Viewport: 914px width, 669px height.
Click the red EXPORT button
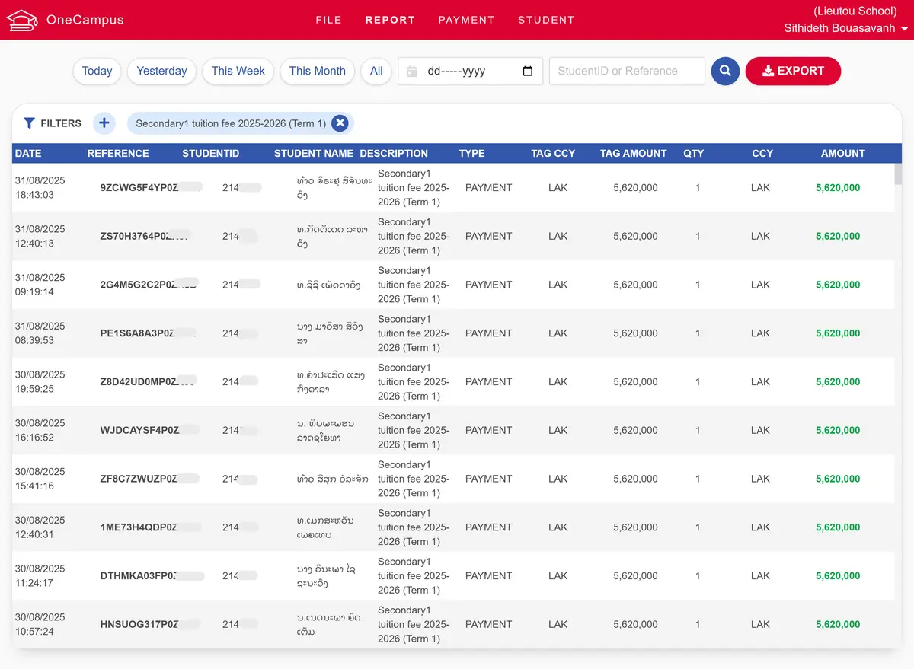[793, 71]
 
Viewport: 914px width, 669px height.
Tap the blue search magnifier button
[725, 71]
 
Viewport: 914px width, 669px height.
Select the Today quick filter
[97, 71]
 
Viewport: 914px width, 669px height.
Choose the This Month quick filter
[317, 71]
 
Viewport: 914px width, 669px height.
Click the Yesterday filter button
[161, 71]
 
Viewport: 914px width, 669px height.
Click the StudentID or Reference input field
[626, 71]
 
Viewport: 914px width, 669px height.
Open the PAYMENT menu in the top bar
[466, 20]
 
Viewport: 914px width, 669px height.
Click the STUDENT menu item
[546, 20]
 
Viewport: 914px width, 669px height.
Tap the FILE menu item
[328, 20]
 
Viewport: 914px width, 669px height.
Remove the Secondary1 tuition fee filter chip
[340, 123]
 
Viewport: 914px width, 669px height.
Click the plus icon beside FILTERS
[104, 123]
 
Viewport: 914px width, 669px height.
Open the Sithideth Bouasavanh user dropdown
[845, 28]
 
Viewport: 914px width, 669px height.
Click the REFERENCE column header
[118, 153]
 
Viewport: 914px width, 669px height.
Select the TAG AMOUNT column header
[633, 153]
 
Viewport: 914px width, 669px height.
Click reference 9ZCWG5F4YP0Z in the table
[139, 187]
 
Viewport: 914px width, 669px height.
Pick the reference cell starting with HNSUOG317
[139, 624]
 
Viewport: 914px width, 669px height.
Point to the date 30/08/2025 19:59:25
[40, 381]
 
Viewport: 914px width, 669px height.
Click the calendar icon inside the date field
[528, 71]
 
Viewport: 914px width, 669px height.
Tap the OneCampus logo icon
[21, 20]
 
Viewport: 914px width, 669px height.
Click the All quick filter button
[376, 71]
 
